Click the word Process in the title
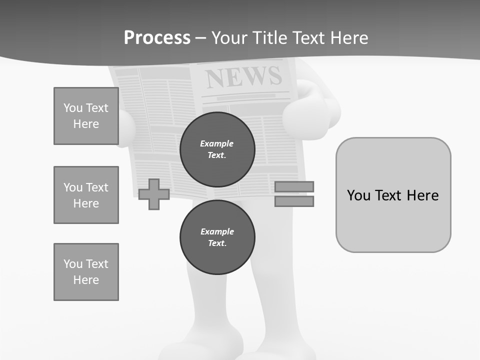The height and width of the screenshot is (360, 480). point(157,38)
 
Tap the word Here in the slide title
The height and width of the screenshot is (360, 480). point(347,38)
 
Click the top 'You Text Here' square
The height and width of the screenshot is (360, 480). point(86,116)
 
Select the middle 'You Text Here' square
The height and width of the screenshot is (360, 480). point(86,195)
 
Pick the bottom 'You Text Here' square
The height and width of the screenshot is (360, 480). point(86,272)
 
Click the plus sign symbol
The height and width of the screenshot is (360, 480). point(153,194)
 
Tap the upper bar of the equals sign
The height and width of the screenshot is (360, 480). point(294,186)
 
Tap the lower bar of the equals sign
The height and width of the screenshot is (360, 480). point(294,201)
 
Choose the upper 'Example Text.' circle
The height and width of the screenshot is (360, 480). point(217,149)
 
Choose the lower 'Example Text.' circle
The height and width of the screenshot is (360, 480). point(217,237)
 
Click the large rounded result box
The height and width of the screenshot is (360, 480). point(393,195)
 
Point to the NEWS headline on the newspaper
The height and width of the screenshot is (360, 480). point(243,76)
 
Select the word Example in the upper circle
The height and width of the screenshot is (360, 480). point(216,143)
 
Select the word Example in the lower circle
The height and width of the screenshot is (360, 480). point(217,231)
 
